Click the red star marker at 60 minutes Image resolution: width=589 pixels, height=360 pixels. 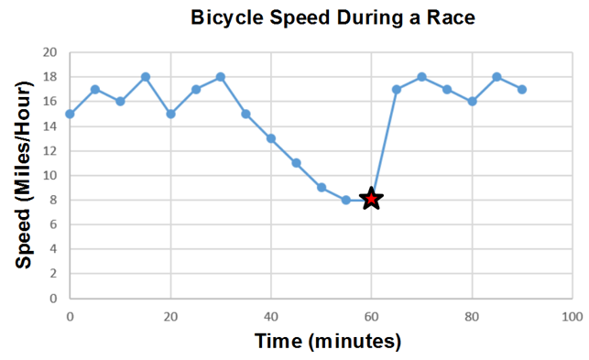click(x=371, y=199)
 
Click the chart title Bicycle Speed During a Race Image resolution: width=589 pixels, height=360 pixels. click(x=333, y=17)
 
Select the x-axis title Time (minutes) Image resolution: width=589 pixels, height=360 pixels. click(x=328, y=341)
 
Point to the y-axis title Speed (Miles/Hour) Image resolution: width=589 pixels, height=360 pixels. click(x=24, y=175)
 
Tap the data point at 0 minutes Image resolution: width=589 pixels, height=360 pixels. click(x=70, y=114)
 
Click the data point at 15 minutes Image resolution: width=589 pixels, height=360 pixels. click(x=146, y=77)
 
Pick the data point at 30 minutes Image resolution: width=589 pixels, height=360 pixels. click(x=221, y=77)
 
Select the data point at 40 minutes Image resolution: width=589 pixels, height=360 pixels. click(x=271, y=138)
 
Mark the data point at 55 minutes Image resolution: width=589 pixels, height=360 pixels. click(x=346, y=200)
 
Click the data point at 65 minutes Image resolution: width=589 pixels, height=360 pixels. click(x=397, y=90)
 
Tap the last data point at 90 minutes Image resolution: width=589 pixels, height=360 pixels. click(x=522, y=90)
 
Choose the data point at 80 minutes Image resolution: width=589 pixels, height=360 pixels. click(x=472, y=102)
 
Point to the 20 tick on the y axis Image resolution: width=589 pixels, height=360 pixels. click(x=49, y=52)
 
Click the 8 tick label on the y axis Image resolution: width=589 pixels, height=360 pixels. click(x=53, y=200)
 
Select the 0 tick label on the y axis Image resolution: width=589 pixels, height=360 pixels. click(x=53, y=299)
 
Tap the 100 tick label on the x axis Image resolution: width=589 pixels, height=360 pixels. click(x=573, y=317)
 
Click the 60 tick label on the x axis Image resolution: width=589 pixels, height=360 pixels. click(x=371, y=317)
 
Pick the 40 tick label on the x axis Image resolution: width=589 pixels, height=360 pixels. click(x=271, y=317)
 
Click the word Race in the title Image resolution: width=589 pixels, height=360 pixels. click(x=451, y=17)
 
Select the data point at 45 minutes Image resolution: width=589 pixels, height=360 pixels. click(x=296, y=163)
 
